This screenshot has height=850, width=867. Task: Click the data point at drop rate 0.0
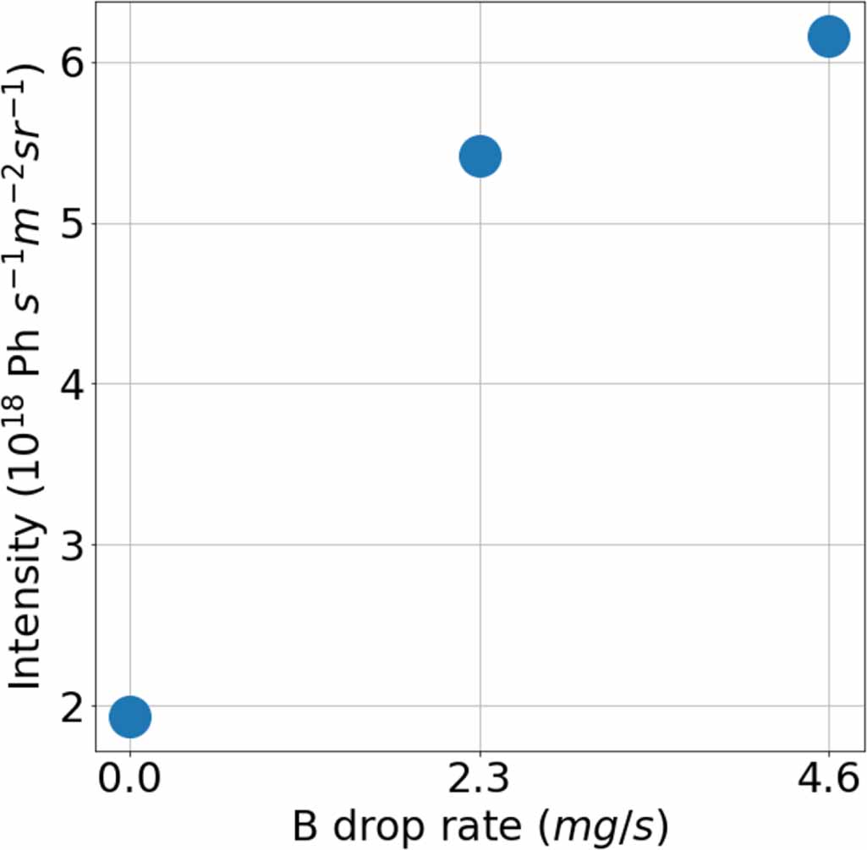130,716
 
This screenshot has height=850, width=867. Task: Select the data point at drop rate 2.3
480,156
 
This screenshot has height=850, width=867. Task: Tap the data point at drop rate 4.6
828,36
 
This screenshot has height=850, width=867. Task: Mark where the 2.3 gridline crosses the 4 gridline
480,384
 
